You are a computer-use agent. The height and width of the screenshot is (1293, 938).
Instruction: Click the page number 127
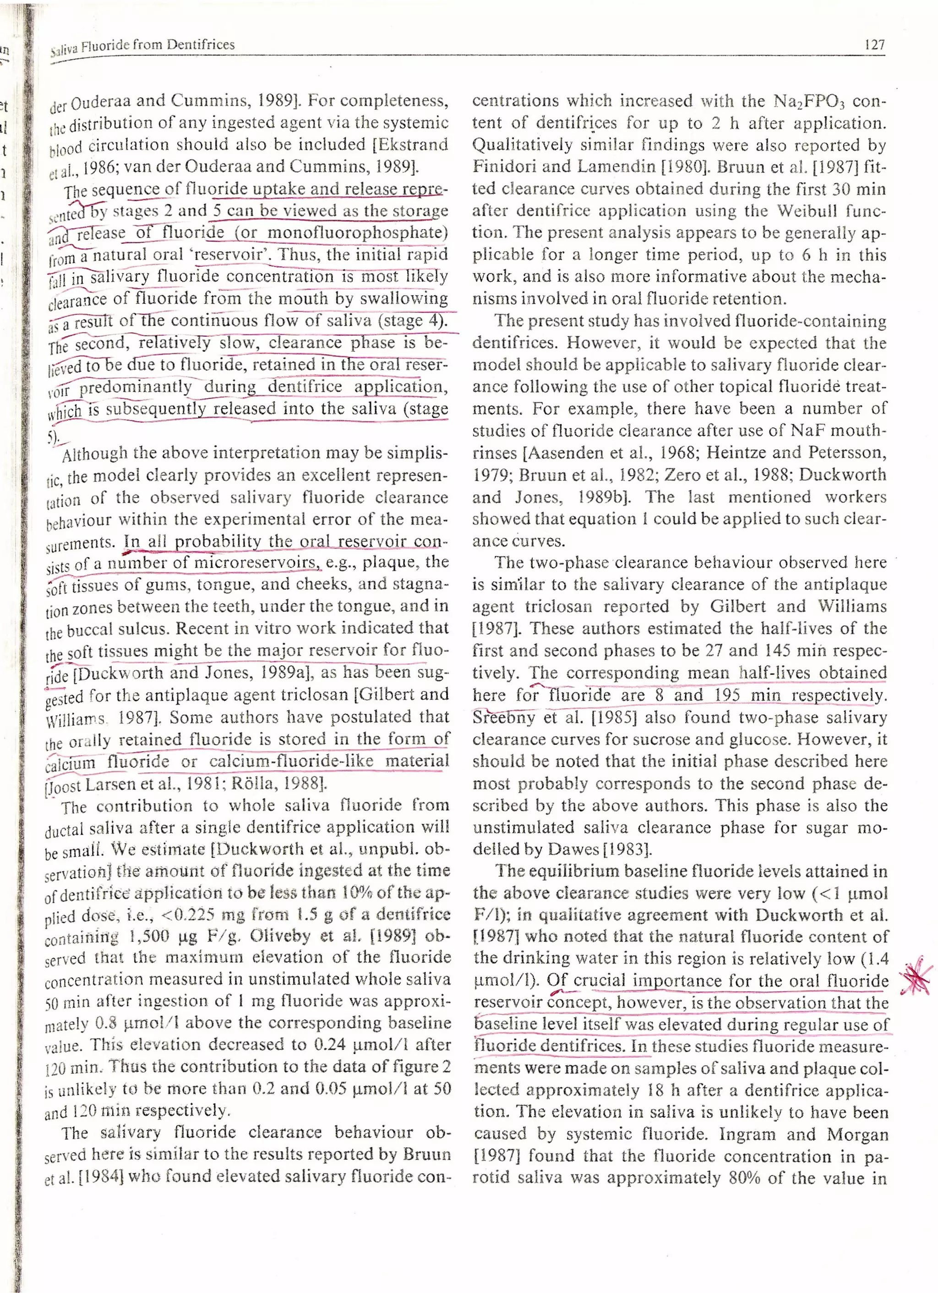click(873, 45)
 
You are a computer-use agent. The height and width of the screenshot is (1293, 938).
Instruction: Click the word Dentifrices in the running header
click(200, 45)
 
